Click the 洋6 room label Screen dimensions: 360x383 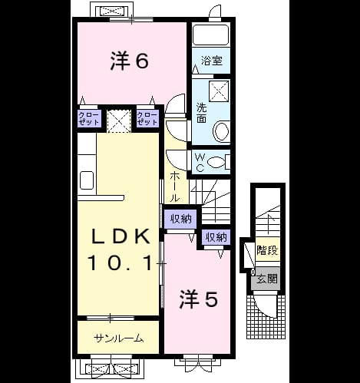pos(130,61)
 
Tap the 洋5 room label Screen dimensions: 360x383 pos(199,299)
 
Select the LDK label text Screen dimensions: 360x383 pos(121,236)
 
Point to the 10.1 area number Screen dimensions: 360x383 pos(121,263)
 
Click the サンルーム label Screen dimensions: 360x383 pos(118,338)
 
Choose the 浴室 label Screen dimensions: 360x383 pos(212,61)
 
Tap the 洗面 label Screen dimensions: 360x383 pos(201,114)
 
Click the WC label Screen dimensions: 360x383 pos(200,162)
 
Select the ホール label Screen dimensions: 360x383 pos(175,187)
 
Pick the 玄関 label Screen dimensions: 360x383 pos(267,279)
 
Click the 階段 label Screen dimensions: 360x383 pos(267,250)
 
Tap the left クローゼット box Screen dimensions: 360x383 pos(89,118)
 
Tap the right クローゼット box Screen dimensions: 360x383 pos(147,118)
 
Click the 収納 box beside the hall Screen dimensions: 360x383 pos(180,219)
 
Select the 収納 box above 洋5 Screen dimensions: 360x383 pos(216,237)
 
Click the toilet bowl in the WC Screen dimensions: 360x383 pos(216,162)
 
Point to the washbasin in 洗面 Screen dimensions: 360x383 pos(221,131)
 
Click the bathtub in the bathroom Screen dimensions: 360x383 pos(211,35)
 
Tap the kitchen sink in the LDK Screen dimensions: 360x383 pos(87,180)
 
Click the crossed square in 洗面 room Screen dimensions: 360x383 pos(219,91)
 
